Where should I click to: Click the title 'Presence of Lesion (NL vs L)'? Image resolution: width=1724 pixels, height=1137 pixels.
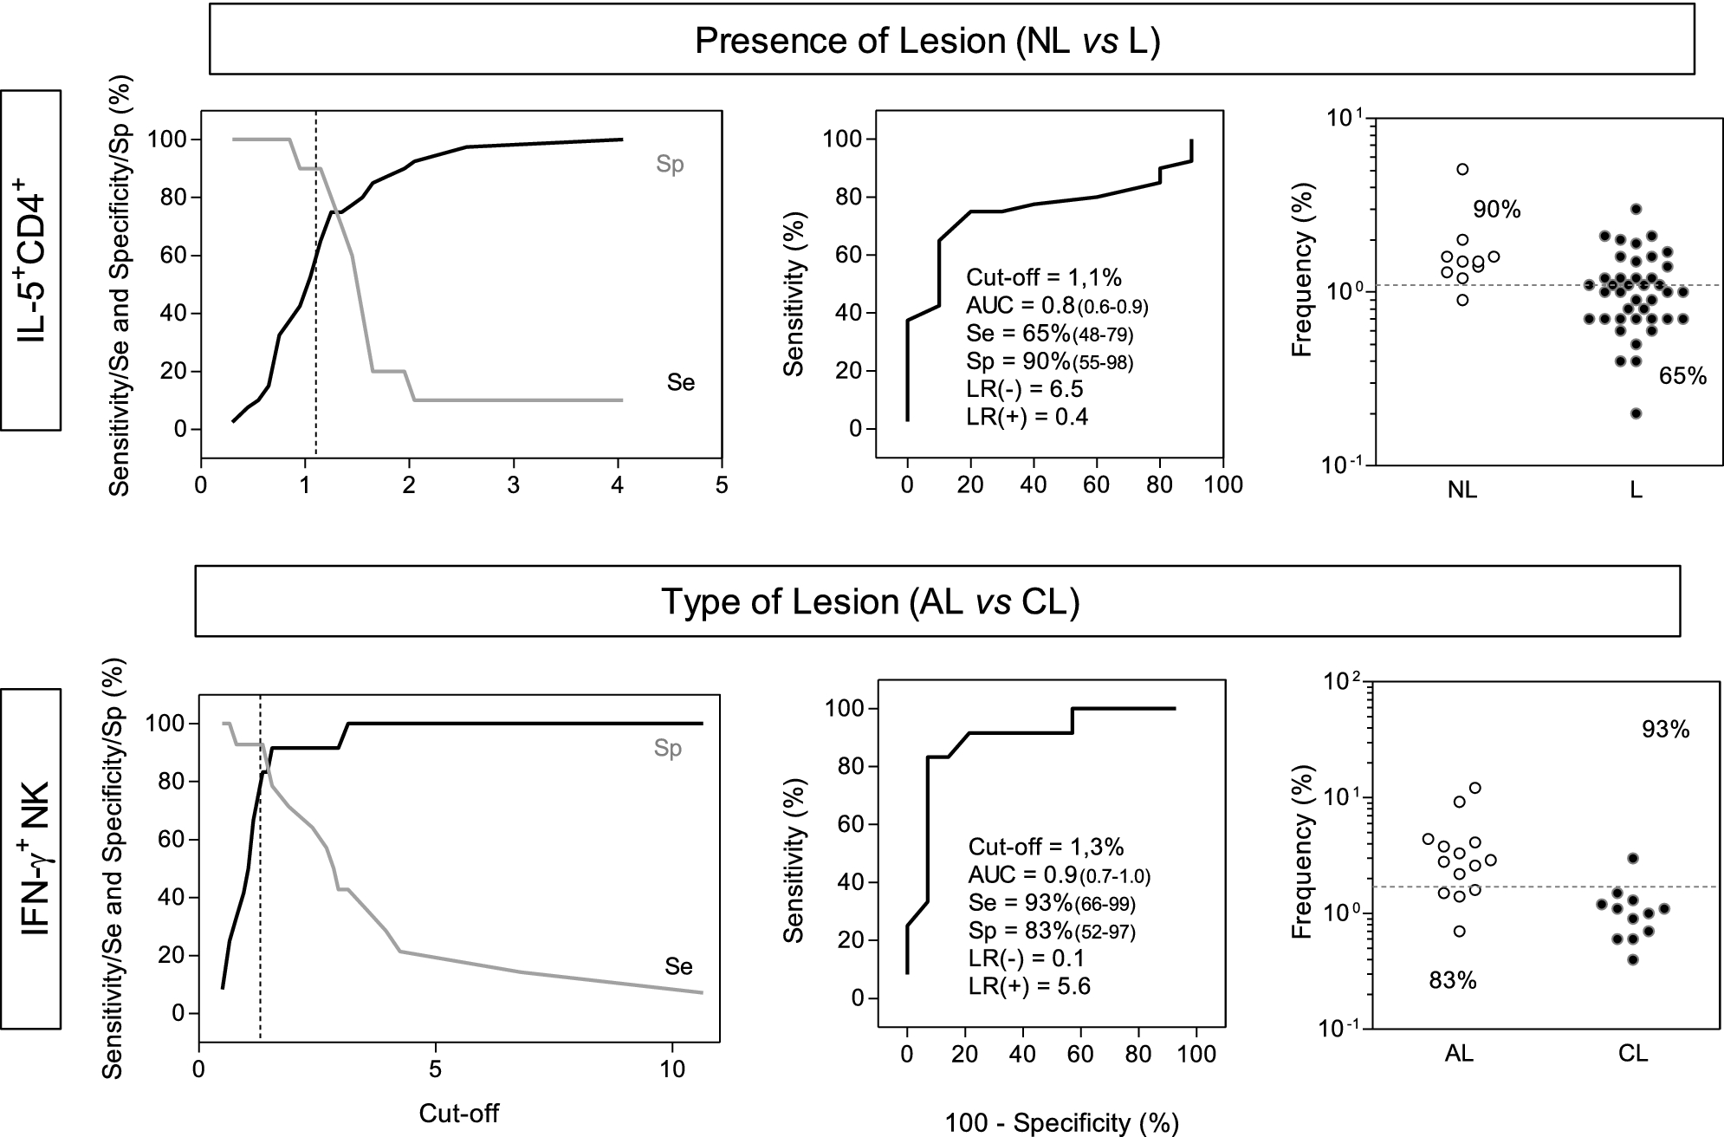(927, 42)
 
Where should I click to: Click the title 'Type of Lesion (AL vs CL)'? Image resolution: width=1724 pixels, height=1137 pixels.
(871, 601)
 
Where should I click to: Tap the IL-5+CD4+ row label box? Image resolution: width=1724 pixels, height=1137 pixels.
(31, 260)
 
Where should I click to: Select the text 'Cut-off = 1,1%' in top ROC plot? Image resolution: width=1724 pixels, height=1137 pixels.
(1043, 277)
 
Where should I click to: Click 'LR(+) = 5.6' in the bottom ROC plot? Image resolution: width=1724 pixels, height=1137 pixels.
(1029, 986)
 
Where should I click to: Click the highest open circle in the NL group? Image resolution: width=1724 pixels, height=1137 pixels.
(1462, 169)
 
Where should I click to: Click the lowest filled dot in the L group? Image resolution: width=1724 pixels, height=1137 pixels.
(1636, 413)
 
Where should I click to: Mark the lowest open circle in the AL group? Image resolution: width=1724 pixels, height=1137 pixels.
(1460, 931)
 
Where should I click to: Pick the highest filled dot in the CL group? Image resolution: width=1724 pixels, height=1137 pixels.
(1633, 858)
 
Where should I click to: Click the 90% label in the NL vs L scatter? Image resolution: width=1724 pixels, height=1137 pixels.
(1497, 210)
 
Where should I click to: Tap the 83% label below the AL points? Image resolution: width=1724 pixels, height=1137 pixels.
(1453, 981)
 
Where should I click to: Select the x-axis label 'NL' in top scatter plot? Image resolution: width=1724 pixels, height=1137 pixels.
(1462, 491)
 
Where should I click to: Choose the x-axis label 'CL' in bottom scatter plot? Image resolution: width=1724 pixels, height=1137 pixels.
(1633, 1054)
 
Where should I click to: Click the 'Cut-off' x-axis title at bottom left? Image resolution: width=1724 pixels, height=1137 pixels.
(459, 1114)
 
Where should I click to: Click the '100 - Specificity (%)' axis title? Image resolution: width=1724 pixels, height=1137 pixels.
(1061, 1123)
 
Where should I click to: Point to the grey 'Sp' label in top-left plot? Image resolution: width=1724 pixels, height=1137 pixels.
(670, 165)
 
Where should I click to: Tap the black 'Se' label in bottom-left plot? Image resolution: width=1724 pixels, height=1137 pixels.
(679, 966)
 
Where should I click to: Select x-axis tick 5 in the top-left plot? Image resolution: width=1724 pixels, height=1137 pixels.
(722, 485)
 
